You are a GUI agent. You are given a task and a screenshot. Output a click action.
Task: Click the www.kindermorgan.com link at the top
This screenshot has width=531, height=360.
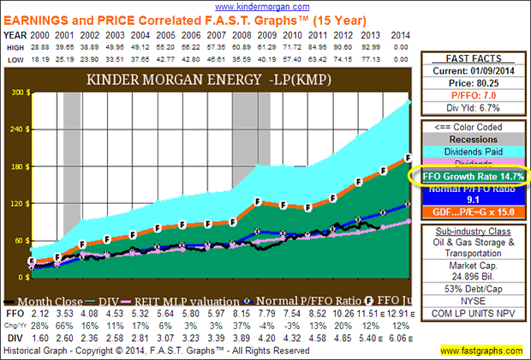[267, 5]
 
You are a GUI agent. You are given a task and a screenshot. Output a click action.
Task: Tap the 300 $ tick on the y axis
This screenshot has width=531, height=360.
[17, 92]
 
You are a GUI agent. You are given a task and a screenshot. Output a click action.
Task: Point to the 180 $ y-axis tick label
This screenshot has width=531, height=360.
[17, 167]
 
